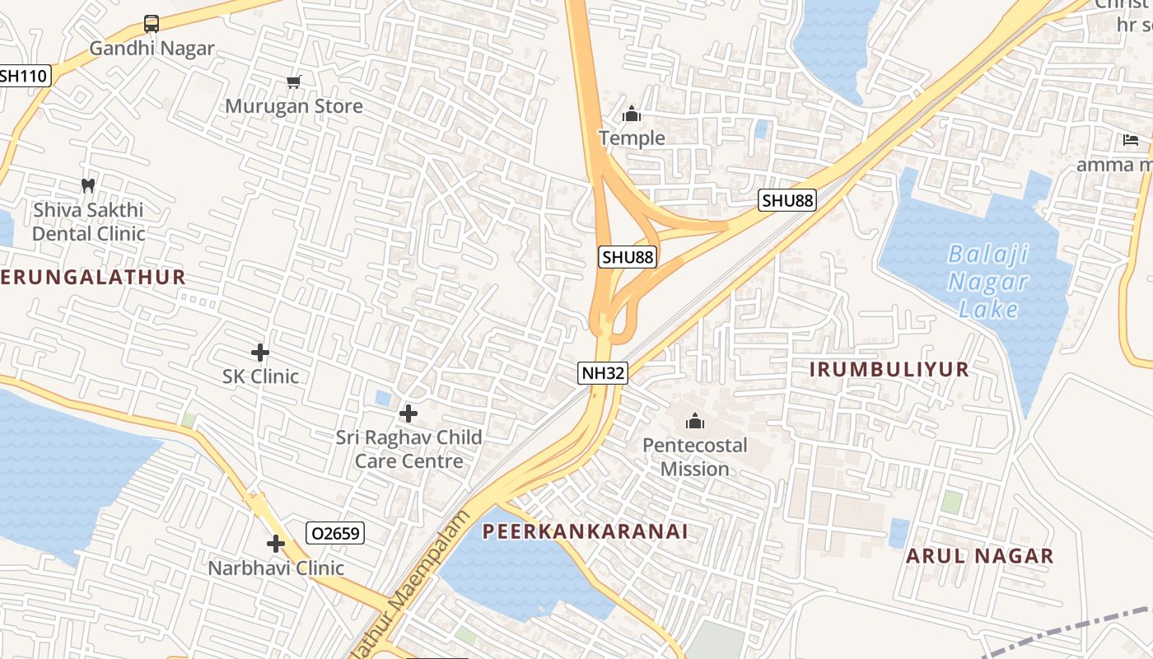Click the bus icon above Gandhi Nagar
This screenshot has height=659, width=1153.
[x=152, y=23]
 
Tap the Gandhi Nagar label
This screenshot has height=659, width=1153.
[x=152, y=48]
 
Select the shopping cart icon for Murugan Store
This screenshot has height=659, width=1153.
[x=294, y=82]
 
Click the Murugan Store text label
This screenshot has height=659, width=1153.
[x=294, y=106]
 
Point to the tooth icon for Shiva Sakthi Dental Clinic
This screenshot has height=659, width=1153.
[x=88, y=186]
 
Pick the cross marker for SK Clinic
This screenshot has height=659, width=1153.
[x=260, y=353]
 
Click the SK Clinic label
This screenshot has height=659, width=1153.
[x=260, y=376]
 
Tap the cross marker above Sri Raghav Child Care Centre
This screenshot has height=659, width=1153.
[x=408, y=413]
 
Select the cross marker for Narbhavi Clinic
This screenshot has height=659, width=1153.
[x=276, y=544]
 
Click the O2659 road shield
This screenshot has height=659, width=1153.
[x=335, y=533]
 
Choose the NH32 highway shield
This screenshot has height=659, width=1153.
[x=603, y=373]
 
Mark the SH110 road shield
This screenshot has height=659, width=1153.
[x=25, y=76]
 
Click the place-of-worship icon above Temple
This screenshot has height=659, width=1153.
[x=632, y=114]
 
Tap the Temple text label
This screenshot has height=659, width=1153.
[x=632, y=138]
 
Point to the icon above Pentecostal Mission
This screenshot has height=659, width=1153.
[x=696, y=422]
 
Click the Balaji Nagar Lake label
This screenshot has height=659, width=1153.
[x=988, y=281]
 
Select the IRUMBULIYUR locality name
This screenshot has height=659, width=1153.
[x=889, y=369]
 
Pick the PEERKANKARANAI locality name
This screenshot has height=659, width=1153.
[x=585, y=531]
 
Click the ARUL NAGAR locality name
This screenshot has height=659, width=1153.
[x=980, y=556]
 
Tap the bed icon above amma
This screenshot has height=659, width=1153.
[x=1131, y=140]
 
